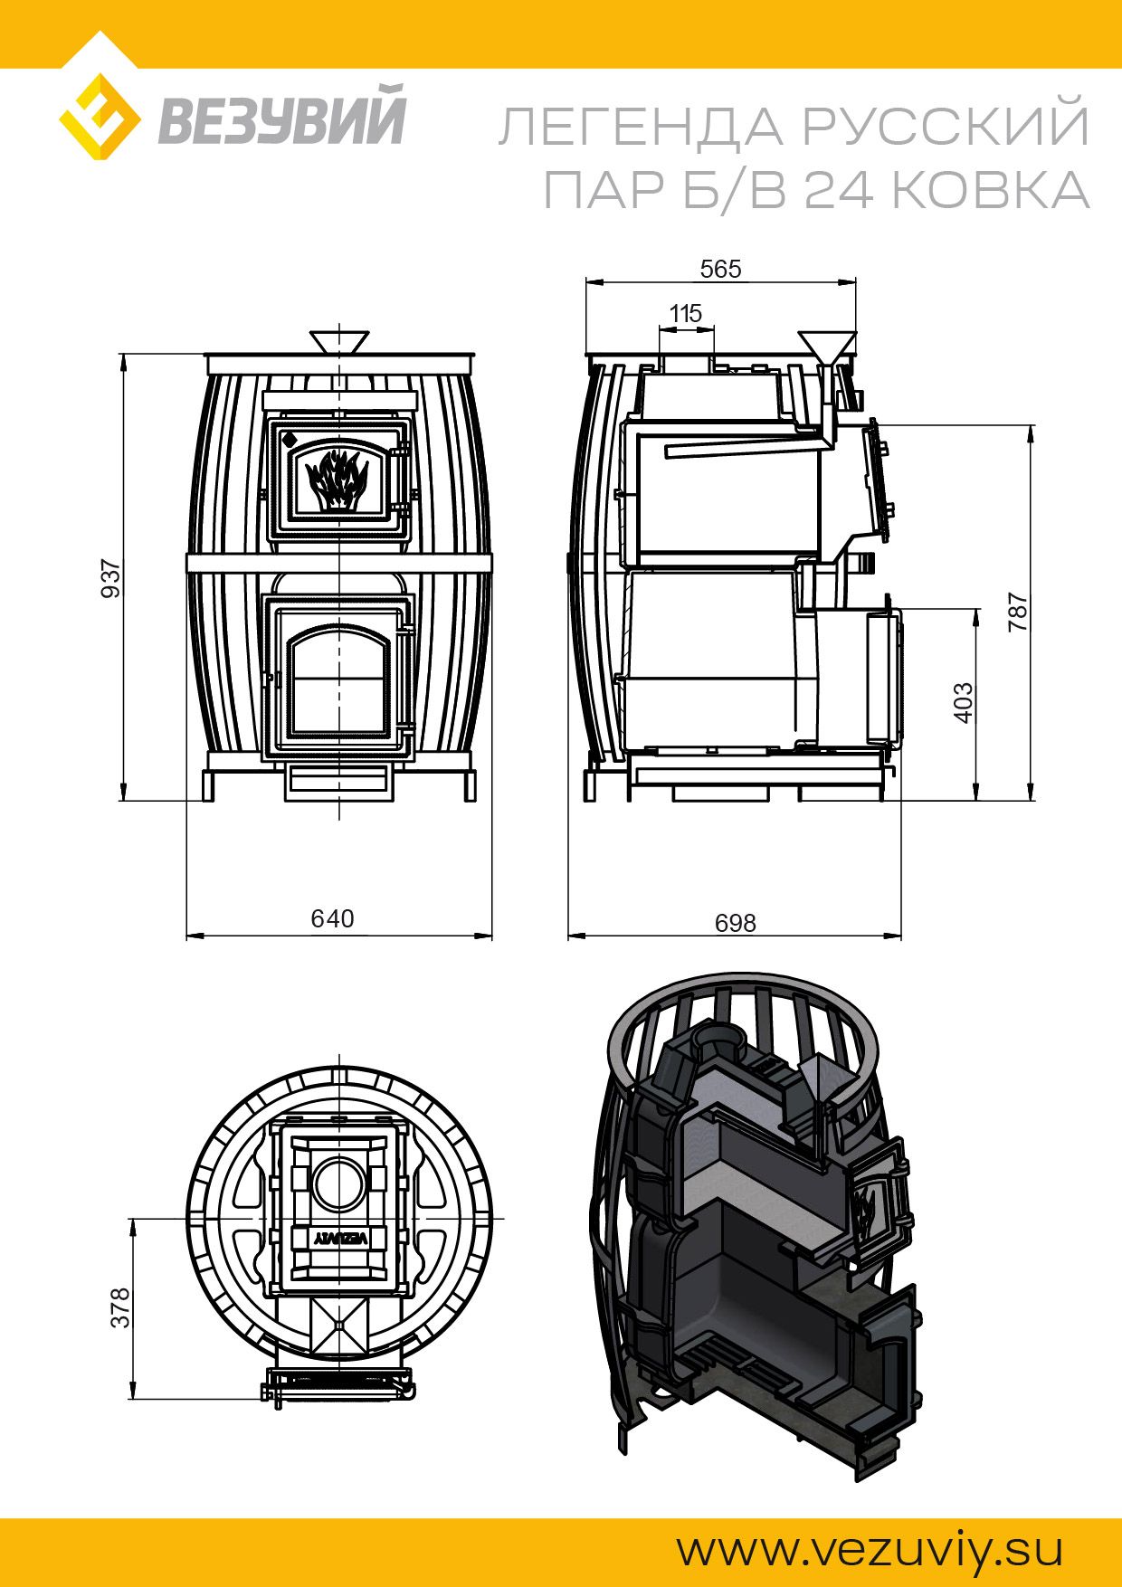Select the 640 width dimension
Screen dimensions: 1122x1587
point(333,918)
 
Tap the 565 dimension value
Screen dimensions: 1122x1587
point(721,269)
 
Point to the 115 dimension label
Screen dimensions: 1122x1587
point(685,314)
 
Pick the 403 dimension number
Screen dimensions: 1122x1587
point(963,703)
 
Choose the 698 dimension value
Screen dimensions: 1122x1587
point(735,922)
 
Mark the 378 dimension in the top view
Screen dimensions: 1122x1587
point(121,1307)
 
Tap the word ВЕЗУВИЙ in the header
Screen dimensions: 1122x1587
point(282,123)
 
